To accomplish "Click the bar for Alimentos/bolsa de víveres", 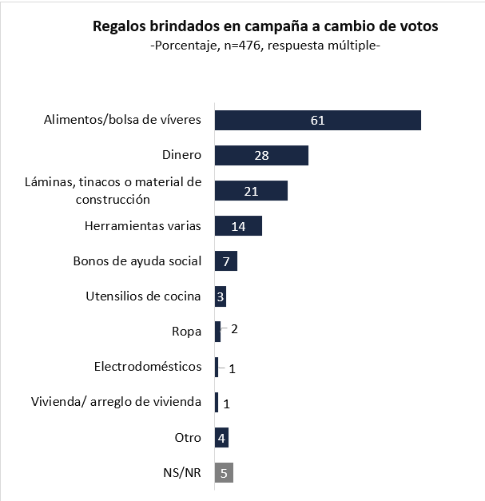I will click(318, 120).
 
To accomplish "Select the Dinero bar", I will click(261, 155).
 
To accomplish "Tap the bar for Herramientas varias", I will click(238, 226).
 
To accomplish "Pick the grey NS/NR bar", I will click(224, 472).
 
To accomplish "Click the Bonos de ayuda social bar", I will click(226, 261).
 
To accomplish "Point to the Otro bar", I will click(222, 437).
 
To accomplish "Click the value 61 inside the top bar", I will click(318, 121).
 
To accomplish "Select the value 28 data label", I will click(261, 156).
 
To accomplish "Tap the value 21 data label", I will click(250, 191).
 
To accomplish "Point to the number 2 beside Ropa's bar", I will click(234, 328).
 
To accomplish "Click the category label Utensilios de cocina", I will click(143, 296).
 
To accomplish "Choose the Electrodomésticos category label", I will click(148, 367).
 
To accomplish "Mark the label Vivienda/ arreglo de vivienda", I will click(116, 401).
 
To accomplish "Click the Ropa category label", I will click(186, 332).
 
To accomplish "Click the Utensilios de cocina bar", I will click(221, 296).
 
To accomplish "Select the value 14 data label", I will click(237, 226).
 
